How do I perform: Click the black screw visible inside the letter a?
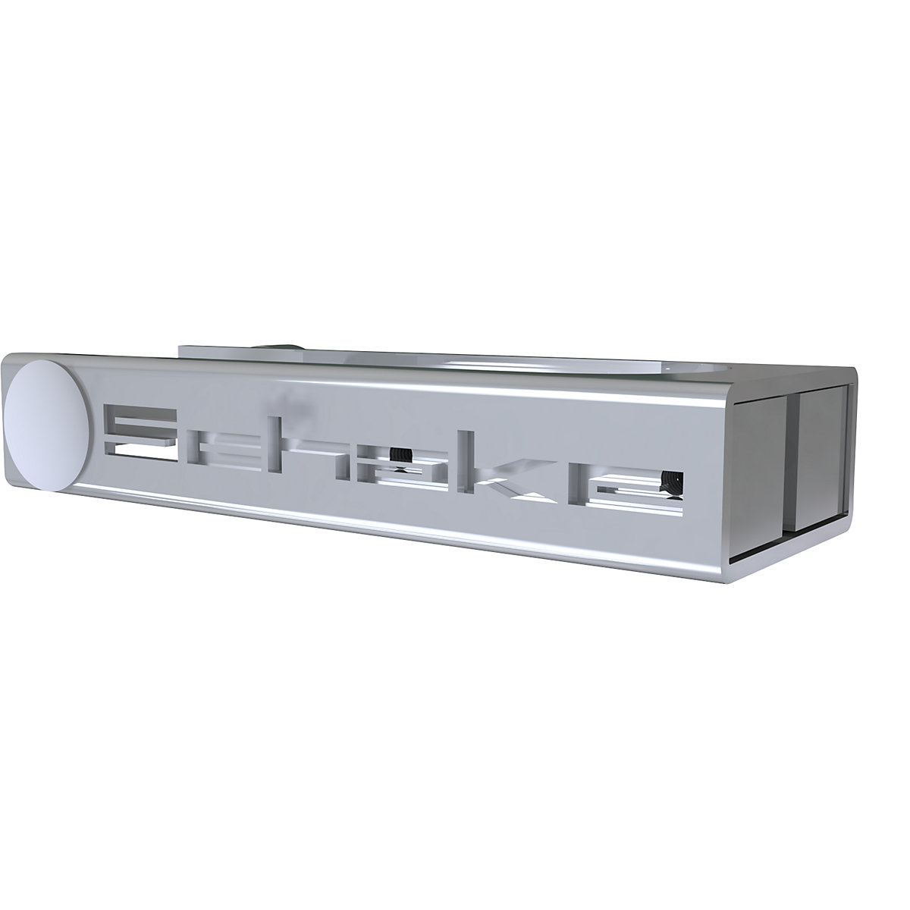point(402,457)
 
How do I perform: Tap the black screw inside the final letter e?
point(670,483)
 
